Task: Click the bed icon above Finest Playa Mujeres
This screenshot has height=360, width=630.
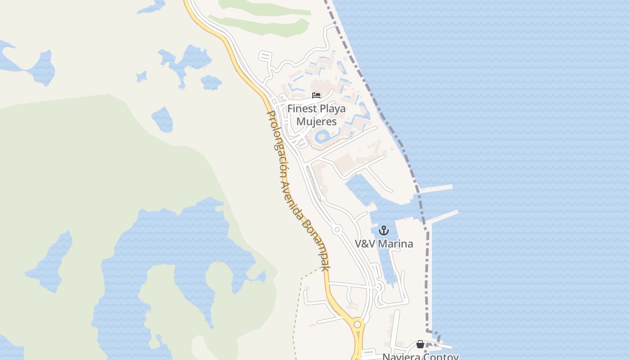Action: tap(317, 95)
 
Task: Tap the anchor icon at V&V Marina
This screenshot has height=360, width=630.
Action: tap(383, 231)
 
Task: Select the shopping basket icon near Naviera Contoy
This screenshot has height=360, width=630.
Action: tap(420, 344)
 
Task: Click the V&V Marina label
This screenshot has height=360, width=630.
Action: tap(384, 244)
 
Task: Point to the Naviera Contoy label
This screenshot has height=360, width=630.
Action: tap(420, 356)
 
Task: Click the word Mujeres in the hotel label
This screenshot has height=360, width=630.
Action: tap(316, 121)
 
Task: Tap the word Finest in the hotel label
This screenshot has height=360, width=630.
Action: tap(302, 109)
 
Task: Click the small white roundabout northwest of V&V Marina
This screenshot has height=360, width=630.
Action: tap(337, 229)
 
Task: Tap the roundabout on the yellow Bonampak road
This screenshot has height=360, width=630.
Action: tap(357, 324)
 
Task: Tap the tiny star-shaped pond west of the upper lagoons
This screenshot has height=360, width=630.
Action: tap(142, 76)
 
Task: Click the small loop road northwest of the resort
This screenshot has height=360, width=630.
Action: tap(265, 57)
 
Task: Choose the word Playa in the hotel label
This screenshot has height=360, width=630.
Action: tap(333, 109)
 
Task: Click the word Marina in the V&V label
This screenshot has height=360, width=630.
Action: tap(396, 244)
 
